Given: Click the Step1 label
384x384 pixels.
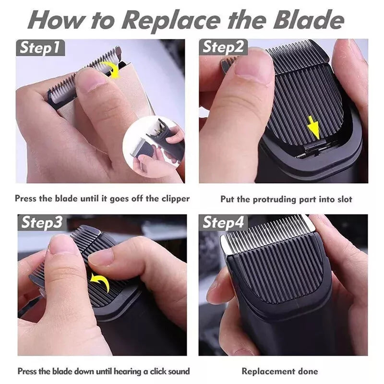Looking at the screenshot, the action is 40,48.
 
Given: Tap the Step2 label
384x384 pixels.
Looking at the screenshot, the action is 223,47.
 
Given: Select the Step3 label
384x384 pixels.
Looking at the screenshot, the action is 42,222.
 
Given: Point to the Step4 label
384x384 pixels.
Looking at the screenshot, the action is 223,222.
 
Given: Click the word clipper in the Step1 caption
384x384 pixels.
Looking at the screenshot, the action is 175,198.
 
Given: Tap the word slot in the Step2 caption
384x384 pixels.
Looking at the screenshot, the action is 345,199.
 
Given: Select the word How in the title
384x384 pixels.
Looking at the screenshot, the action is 58,20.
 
